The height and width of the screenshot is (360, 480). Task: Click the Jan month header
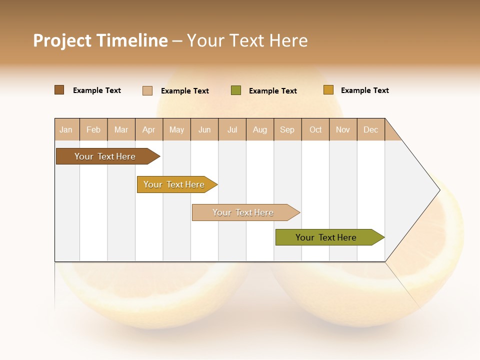tap(66, 130)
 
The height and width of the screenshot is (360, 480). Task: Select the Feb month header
tap(93, 130)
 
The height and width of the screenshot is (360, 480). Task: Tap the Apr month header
tap(149, 130)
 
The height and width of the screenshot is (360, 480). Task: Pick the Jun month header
tap(204, 130)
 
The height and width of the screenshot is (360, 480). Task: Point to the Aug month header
tap(260, 130)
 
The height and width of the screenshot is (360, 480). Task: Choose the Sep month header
tap(287, 130)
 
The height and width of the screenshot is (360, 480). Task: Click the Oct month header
tap(315, 130)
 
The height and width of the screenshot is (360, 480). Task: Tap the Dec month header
tap(371, 130)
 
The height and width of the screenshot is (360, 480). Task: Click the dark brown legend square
tap(59, 90)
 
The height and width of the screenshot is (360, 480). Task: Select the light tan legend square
tap(147, 90)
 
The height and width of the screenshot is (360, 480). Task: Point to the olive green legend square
tap(236, 90)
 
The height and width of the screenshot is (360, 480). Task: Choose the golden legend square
tap(328, 90)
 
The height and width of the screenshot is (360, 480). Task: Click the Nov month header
tap(343, 130)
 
